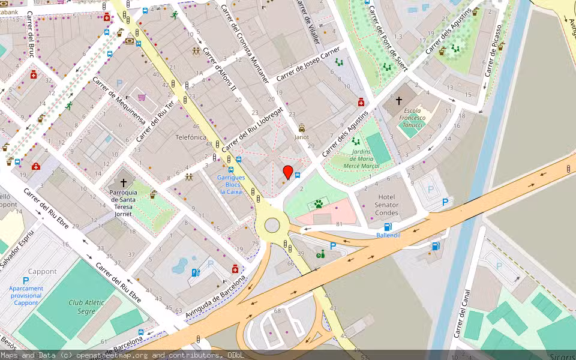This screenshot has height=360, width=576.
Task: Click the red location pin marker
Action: [288, 172]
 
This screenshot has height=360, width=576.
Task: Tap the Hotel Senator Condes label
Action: [388, 205]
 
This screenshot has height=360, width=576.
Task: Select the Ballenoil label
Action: [388, 235]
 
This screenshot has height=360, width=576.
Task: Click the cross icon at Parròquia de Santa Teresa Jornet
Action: [124, 182]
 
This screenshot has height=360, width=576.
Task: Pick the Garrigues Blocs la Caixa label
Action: [230, 185]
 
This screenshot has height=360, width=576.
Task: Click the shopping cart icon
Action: [142, 97]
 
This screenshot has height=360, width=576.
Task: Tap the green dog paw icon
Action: [319, 204]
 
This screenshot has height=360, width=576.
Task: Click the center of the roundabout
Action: [272, 225]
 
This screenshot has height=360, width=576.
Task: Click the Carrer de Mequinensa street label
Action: [119, 101]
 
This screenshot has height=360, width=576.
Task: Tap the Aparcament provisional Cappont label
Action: [26, 295]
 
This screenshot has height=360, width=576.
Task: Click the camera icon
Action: [130, 41]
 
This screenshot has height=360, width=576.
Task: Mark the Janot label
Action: [301, 137]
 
